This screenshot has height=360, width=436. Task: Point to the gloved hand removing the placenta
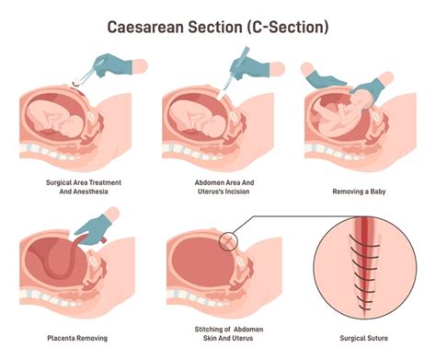(98, 226)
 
